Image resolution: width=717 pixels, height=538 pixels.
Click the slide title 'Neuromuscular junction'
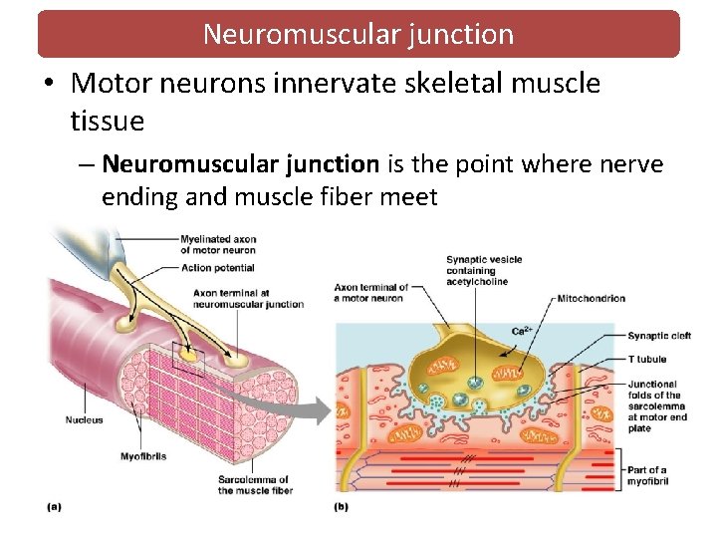point(358,34)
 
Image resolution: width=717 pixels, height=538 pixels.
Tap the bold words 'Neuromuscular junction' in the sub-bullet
point(240,163)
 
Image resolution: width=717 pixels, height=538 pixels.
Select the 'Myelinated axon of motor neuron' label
point(217,244)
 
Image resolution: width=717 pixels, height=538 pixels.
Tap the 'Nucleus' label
point(85,420)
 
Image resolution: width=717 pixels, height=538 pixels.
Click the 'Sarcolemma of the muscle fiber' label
point(255,485)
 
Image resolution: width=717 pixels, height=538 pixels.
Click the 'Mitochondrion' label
point(592,298)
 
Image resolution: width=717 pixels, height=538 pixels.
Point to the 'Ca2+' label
point(521,330)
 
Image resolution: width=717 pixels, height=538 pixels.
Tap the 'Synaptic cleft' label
point(659,337)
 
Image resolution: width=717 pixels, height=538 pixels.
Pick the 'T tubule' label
point(647,359)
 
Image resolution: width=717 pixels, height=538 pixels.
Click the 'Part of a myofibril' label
point(648,475)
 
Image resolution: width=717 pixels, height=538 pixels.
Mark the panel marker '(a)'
point(54,507)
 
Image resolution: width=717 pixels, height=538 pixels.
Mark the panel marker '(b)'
point(341,507)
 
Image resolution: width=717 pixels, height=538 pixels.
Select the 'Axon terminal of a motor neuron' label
point(370,292)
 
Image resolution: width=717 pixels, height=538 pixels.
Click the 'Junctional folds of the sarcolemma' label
point(657,405)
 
